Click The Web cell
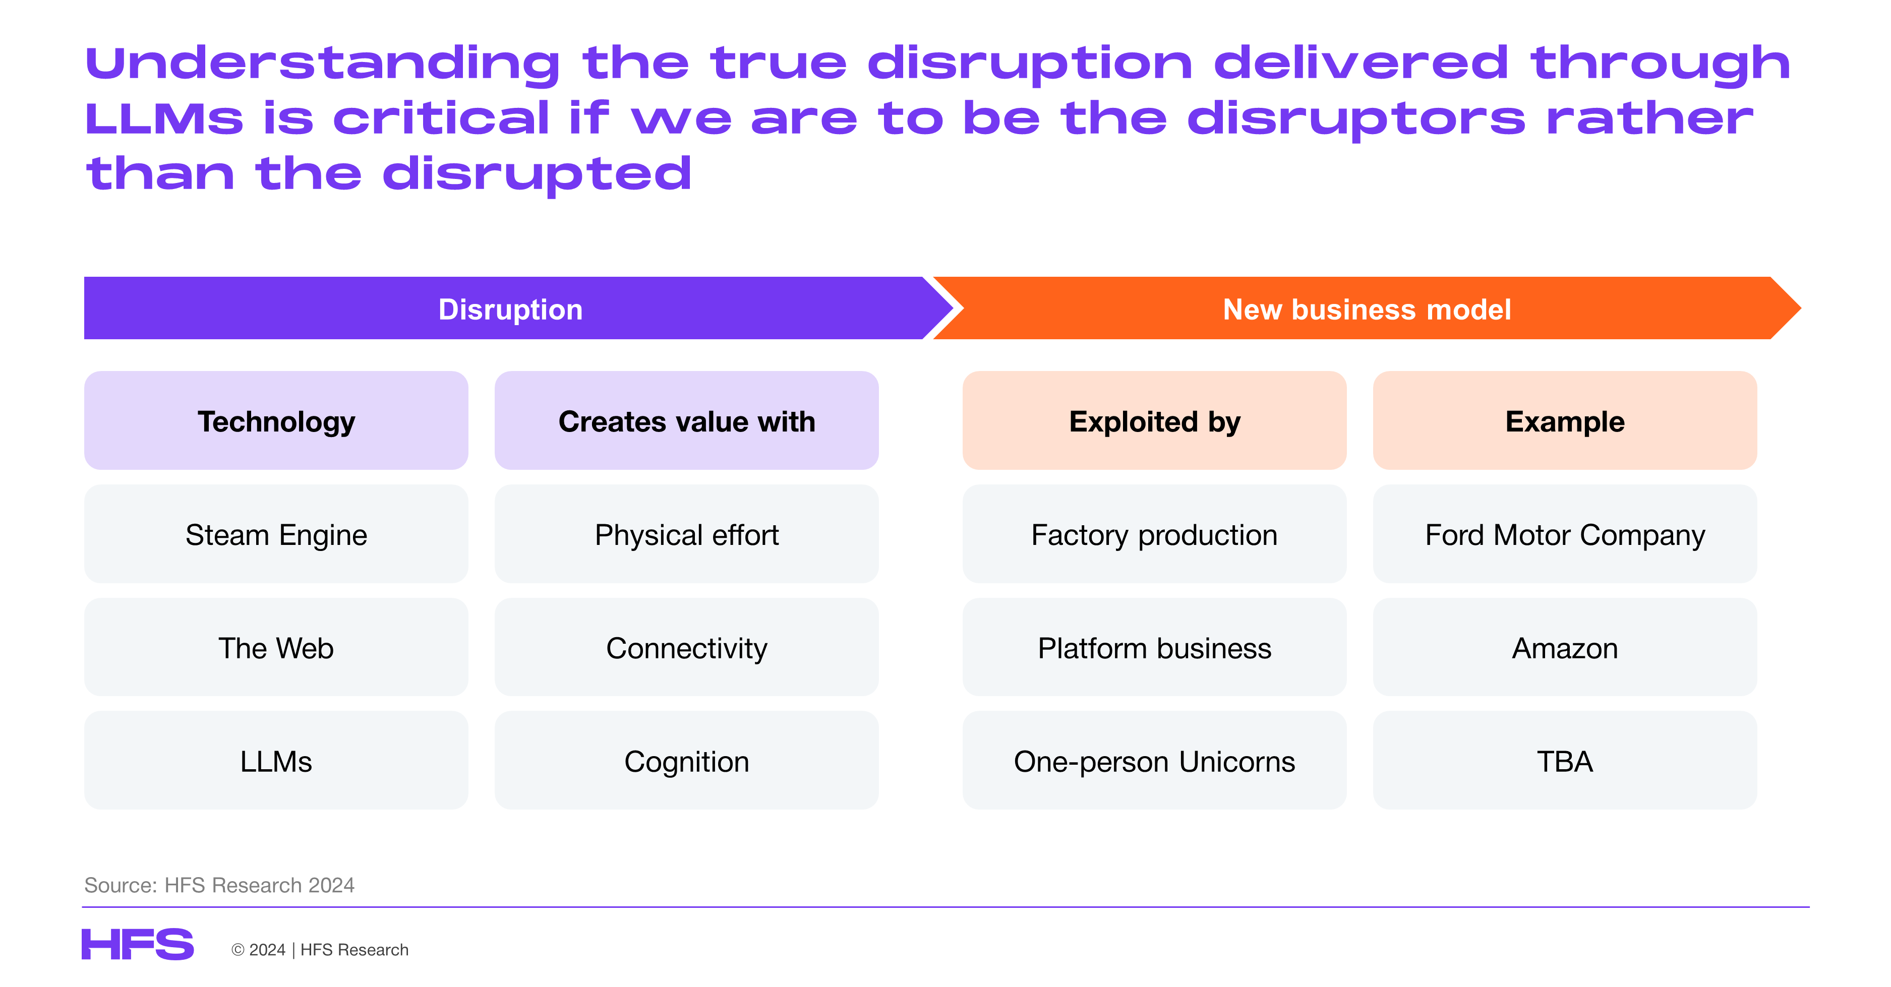coord(276,647)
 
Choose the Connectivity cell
coord(686,647)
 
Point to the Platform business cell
coord(1154,647)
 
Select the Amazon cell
coord(1564,647)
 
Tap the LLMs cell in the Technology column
coord(276,760)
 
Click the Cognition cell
coord(686,760)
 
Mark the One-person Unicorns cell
coord(1154,760)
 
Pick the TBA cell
coord(1564,760)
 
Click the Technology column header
coord(276,420)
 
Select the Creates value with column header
coord(686,420)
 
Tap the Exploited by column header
coord(1154,420)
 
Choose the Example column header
coord(1564,420)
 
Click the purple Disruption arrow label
coord(510,309)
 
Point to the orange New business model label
coord(1367,309)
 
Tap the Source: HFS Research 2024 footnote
coord(219,885)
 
